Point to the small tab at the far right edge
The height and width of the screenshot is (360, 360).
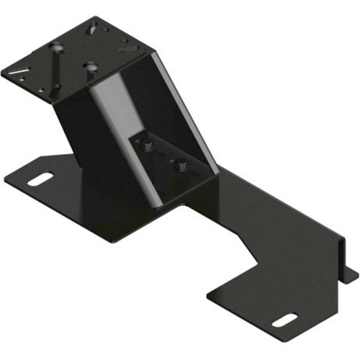(352, 274)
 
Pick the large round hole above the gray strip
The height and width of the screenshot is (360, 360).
(91, 67)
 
